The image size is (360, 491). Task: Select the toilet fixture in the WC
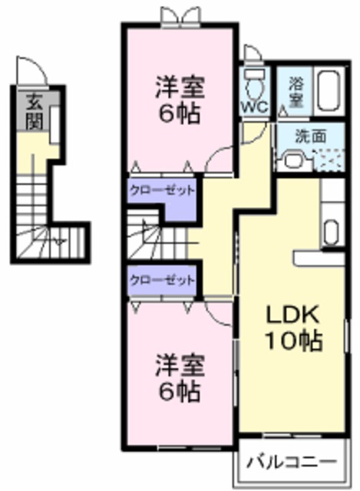253,80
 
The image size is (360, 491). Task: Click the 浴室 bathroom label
296,93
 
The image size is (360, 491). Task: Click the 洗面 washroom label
311,136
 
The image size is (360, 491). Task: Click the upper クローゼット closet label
161,190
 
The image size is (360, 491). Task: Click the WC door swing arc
252,54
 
